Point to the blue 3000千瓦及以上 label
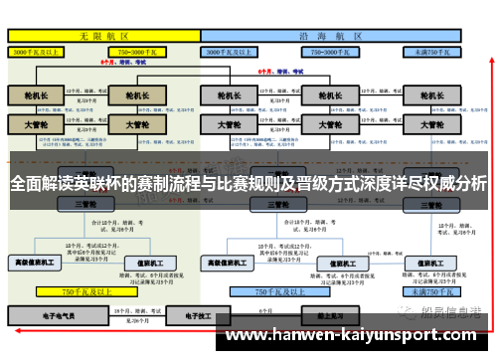(232, 50)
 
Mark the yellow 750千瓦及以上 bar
(83, 291)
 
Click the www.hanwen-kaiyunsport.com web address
(358, 337)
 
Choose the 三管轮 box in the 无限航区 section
(85, 204)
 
